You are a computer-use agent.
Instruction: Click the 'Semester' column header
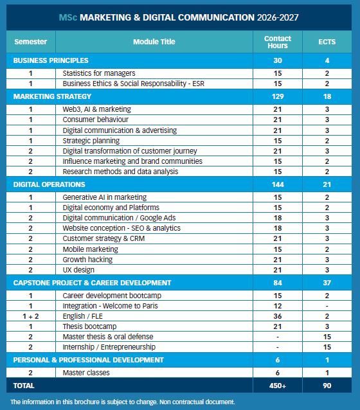(x=31, y=42)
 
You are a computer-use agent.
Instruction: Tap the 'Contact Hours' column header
(x=277, y=42)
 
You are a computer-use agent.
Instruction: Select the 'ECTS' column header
(x=327, y=42)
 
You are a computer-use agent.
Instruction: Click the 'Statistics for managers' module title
(x=99, y=73)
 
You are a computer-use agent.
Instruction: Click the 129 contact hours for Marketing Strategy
(x=277, y=96)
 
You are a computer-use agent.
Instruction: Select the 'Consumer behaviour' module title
(x=96, y=120)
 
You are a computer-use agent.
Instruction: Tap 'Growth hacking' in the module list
(x=87, y=260)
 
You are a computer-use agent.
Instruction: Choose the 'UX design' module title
(x=78, y=270)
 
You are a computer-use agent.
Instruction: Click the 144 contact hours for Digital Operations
(x=277, y=184)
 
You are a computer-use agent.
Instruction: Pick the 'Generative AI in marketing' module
(x=105, y=197)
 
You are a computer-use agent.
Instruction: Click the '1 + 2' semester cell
(x=31, y=316)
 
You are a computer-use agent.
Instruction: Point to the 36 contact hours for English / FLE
(x=277, y=316)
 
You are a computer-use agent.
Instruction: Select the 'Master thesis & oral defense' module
(x=108, y=337)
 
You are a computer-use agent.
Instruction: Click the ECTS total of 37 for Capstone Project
(x=327, y=282)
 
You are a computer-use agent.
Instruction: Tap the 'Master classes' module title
(x=86, y=373)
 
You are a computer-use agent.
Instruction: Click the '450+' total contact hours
(x=277, y=386)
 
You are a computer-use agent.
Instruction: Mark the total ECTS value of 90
(x=327, y=386)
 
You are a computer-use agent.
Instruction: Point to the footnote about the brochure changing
(x=123, y=402)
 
